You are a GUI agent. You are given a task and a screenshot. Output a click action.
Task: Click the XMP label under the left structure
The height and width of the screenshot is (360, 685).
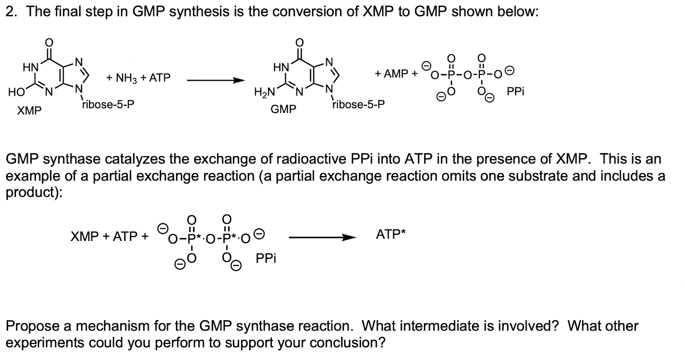click(29, 111)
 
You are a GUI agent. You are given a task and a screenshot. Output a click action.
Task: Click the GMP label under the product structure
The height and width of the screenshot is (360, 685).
click(283, 110)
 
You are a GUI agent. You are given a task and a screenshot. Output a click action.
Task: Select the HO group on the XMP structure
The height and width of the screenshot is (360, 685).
click(16, 92)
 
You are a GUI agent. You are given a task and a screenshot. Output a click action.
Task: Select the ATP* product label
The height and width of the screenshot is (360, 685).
click(390, 234)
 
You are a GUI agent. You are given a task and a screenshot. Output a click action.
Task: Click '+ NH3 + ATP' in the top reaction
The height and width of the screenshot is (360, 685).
click(138, 78)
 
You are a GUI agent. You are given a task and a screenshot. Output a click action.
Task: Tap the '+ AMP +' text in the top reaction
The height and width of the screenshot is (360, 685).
click(396, 74)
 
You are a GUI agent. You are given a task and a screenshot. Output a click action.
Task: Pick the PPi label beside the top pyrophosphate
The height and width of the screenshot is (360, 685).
click(515, 92)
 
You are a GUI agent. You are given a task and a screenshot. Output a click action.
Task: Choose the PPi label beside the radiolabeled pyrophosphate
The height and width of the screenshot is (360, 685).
click(266, 259)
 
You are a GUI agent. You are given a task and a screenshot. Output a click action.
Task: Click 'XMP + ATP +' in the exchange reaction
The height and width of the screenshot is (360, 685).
click(110, 236)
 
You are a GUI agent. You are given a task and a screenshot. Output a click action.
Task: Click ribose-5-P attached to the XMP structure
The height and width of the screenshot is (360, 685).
click(108, 104)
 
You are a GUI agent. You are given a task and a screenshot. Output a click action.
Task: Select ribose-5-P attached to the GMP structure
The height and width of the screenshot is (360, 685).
click(358, 104)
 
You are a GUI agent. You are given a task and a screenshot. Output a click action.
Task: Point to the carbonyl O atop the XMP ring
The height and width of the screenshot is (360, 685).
click(49, 42)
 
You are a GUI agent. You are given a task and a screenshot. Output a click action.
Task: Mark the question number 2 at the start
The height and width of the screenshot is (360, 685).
click(11, 12)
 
